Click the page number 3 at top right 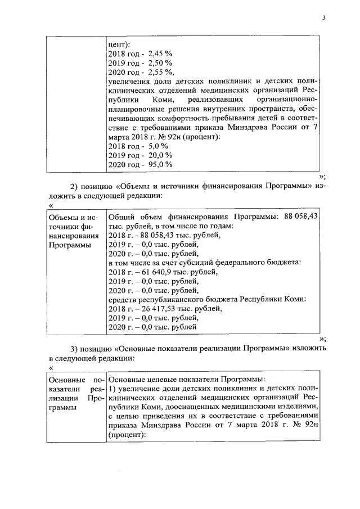pos(323,17)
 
